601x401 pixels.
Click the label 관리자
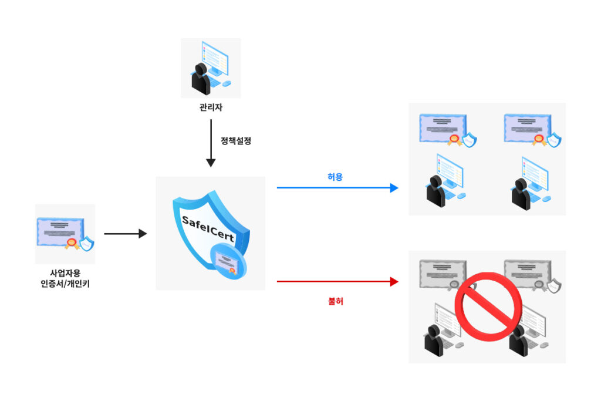(211, 107)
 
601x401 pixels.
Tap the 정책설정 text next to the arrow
(236, 141)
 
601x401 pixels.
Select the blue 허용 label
(335, 177)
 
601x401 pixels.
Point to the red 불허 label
(335, 301)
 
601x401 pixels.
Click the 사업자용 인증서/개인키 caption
(65, 278)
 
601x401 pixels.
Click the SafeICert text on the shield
(208, 229)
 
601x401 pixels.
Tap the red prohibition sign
(488, 306)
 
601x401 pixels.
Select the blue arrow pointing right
(337, 188)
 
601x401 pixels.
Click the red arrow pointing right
(337, 282)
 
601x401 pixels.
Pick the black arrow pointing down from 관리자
(211, 143)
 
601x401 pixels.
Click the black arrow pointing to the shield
(126, 234)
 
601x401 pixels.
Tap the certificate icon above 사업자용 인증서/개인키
(65, 234)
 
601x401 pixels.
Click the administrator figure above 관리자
(211, 68)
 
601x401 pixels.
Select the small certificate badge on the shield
(228, 262)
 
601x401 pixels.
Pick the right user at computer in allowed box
(531, 183)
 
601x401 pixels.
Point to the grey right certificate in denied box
(532, 277)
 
